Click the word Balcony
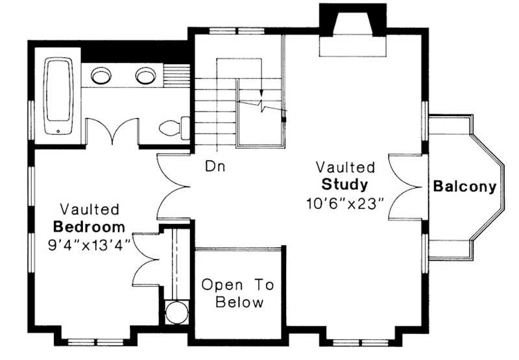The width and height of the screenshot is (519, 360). pyautogui.click(x=465, y=187)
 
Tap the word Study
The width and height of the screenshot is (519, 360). pyautogui.click(x=344, y=184)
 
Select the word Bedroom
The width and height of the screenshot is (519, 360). pyautogui.click(x=89, y=227)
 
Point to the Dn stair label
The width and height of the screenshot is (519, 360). pyautogui.click(x=215, y=166)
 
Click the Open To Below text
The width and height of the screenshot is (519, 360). pyautogui.click(x=238, y=293)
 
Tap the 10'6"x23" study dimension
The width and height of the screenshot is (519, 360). pyautogui.click(x=344, y=203)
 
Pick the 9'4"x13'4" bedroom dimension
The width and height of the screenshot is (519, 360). pyautogui.click(x=89, y=245)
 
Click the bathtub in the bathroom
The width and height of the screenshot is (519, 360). pyautogui.click(x=58, y=96)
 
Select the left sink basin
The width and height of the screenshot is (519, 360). pyautogui.click(x=101, y=75)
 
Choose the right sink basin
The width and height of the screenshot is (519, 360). pyautogui.click(x=145, y=75)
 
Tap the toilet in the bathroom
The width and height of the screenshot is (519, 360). pyautogui.click(x=175, y=128)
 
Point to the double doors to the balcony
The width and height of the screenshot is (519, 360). pyautogui.click(x=405, y=187)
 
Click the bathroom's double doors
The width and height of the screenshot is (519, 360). pyautogui.click(x=112, y=132)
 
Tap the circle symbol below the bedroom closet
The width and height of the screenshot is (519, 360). pyautogui.click(x=176, y=312)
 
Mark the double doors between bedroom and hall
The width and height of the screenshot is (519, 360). pyautogui.click(x=173, y=187)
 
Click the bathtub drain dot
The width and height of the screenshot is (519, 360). pyautogui.click(x=58, y=132)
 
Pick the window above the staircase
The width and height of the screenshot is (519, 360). pyautogui.click(x=237, y=31)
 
